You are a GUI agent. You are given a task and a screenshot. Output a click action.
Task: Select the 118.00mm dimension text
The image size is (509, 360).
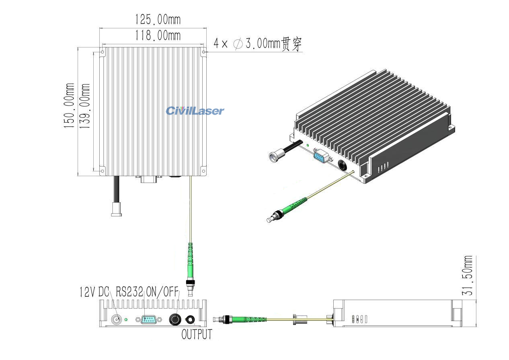click(152, 35)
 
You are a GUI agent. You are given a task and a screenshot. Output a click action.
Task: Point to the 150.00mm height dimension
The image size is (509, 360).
click(69, 106)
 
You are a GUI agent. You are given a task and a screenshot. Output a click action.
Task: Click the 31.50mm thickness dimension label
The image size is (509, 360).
click(468, 277)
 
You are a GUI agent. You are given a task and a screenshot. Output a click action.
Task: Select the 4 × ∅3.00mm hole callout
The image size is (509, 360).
click(257, 43)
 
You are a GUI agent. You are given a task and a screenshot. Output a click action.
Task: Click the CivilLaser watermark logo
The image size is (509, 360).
click(195, 111)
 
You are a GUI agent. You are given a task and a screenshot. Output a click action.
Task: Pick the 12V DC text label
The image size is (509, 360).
click(94, 292)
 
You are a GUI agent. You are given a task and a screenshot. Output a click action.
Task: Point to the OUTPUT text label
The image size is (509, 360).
click(197, 334)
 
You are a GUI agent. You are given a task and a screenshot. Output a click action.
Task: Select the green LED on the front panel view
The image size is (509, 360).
click(126, 320)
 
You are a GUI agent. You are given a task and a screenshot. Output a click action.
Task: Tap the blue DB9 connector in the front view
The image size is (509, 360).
click(149, 320)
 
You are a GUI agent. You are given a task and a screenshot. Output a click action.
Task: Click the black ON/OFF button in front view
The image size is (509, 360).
click(175, 320)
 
